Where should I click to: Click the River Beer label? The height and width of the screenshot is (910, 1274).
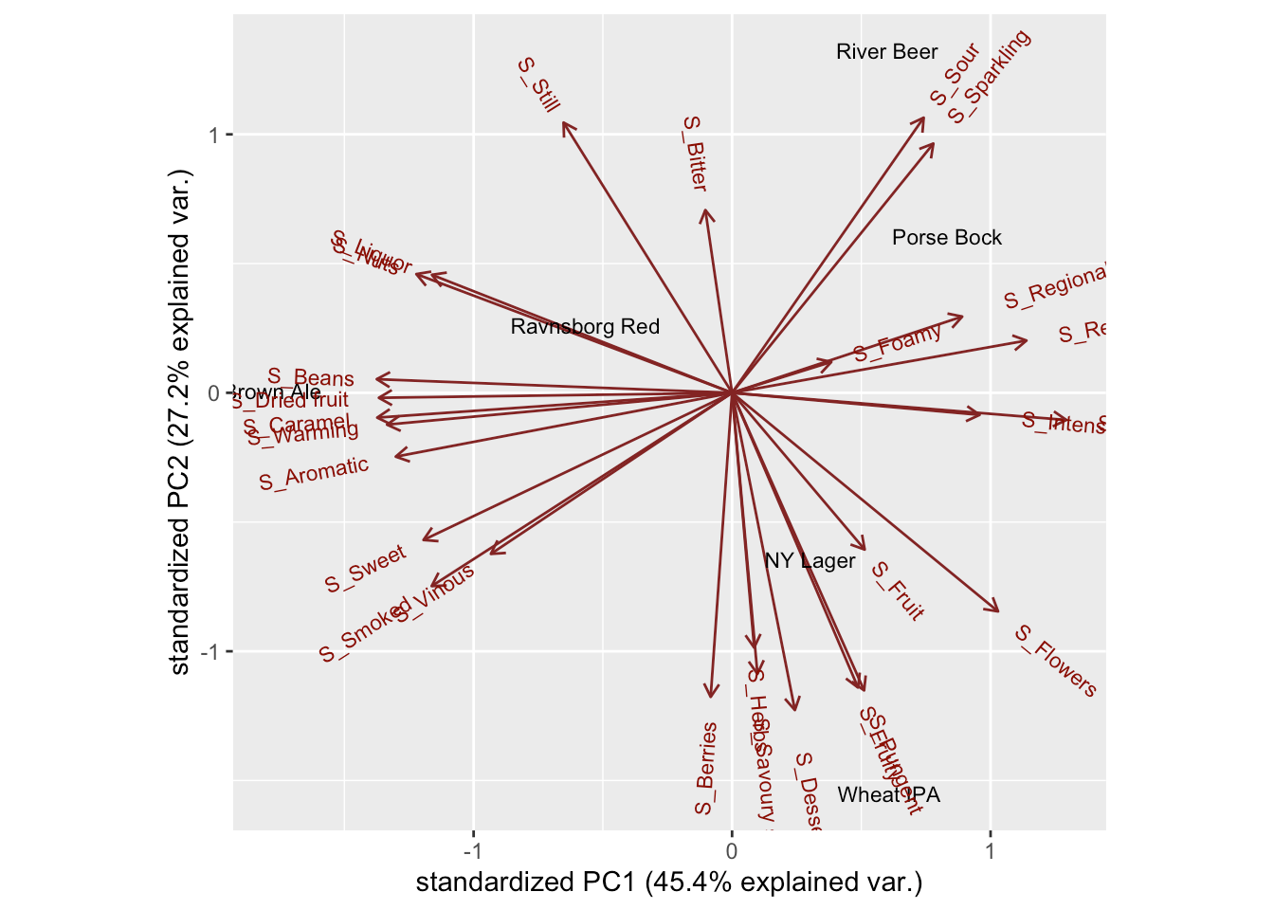[x=886, y=52]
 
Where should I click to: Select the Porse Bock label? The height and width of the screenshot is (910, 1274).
[x=946, y=238]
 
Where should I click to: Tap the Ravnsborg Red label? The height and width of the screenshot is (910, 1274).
[x=584, y=327]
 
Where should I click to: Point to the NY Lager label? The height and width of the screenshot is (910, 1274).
[x=810, y=561]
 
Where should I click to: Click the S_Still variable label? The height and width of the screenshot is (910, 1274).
[x=538, y=85]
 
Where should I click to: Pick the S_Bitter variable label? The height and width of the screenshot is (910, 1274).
[x=695, y=154]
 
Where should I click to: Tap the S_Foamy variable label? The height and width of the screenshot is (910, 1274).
[x=897, y=342]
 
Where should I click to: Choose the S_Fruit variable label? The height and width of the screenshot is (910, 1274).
[x=897, y=591]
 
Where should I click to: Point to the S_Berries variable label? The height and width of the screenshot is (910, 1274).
[x=705, y=768]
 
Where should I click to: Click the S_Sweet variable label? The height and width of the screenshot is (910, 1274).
[x=365, y=570]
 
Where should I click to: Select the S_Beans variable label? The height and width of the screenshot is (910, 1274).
[x=310, y=379]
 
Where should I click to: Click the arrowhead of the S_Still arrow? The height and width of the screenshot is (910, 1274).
[x=563, y=123]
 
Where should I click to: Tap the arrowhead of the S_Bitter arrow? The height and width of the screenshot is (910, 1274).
[x=705, y=210]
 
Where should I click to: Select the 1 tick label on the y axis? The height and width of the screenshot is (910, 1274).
[x=214, y=135]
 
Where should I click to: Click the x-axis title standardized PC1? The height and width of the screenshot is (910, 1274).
[x=668, y=883]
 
